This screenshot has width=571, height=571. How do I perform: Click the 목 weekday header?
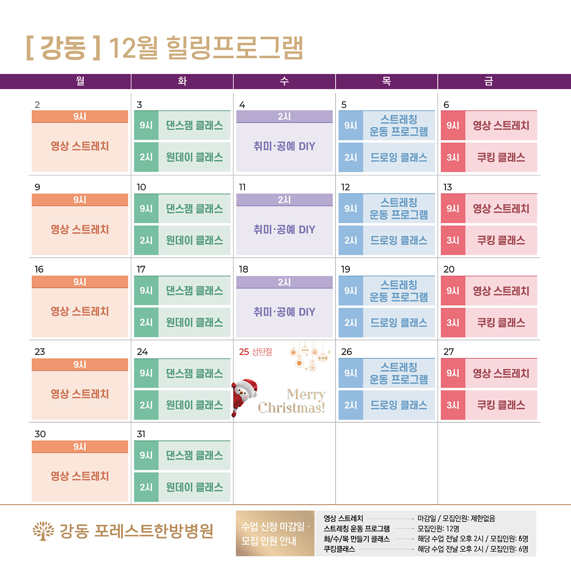point(386,81)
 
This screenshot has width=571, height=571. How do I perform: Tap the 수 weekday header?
point(284,81)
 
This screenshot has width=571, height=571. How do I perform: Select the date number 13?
point(448,187)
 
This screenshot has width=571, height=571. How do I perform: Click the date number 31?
point(141,434)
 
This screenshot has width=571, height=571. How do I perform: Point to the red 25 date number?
point(244,352)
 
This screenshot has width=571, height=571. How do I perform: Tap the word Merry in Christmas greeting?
point(306,394)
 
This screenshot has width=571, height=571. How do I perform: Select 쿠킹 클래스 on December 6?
point(501,157)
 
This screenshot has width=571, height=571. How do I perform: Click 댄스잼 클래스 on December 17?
point(194,291)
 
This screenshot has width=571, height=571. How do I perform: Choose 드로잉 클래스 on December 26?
point(399,405)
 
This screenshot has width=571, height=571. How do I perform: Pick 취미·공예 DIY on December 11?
point(284,230)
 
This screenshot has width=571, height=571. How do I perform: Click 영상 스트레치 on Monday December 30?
point(80,476)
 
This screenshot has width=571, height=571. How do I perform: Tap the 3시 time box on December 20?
point(453,323)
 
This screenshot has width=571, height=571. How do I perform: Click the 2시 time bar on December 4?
point(284,116)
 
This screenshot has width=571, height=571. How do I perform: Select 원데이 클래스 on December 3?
point(194,157)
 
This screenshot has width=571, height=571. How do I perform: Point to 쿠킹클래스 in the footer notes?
point(339,549)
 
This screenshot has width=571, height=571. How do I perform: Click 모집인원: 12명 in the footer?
point(438,528)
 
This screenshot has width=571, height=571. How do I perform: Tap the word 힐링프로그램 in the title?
point(234,48)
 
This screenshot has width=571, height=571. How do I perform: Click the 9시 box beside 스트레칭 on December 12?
point(351,209)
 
